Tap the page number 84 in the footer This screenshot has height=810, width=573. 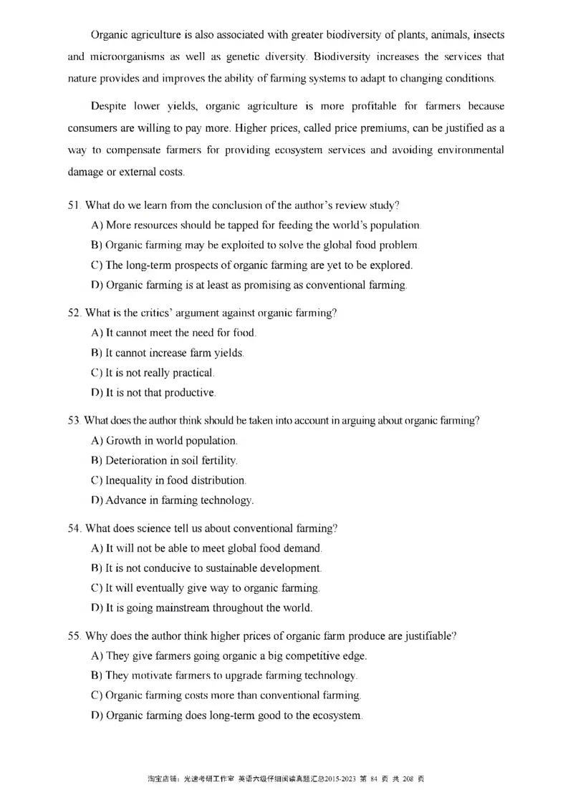(372, 779)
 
